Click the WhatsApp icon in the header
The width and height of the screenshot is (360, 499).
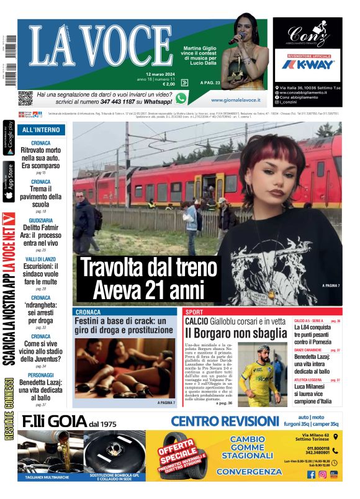(181, 98)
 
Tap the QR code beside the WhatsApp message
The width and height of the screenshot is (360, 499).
(25, 97)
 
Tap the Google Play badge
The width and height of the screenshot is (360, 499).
(9, 138)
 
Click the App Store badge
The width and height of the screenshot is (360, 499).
(9, 182)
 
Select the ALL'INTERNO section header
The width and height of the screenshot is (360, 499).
(41, 130)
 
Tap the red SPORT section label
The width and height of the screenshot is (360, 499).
(194, 311)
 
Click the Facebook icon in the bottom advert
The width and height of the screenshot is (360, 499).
(312, 474)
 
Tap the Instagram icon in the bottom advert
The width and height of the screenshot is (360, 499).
(323, 474)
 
